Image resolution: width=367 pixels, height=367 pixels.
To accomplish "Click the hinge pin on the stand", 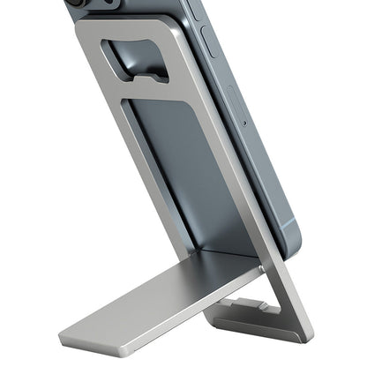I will [x=262, y=262].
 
